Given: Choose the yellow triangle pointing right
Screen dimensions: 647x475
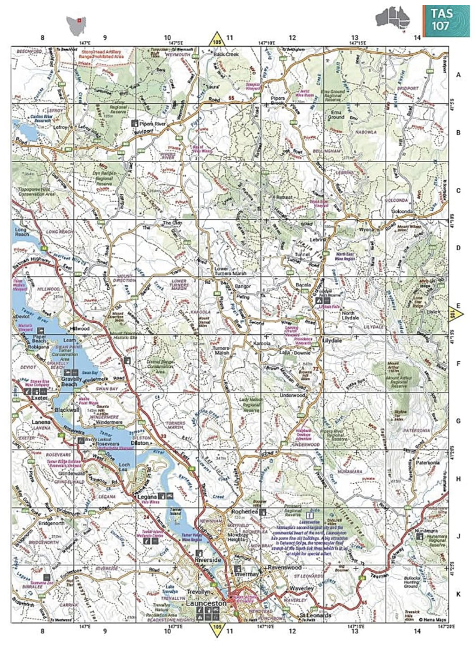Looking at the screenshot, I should click(x=455, y=311).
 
